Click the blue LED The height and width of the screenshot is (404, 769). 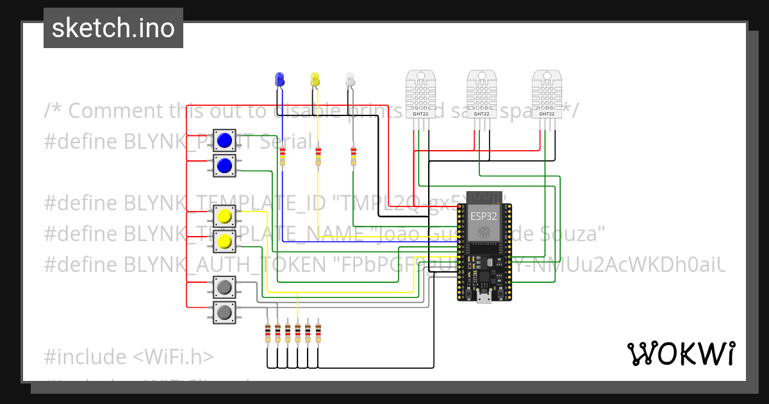coord(279,80)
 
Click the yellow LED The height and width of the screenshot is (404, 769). coord(315,80)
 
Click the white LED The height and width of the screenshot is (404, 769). coord(350,80)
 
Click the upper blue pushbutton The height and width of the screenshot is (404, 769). coord(224,140)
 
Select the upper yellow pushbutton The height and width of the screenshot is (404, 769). coord(224,217)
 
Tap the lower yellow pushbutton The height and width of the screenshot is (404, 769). coord(224,242)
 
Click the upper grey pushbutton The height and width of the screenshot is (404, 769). coord(224,288)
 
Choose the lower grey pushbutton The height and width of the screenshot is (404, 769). coord(224,313)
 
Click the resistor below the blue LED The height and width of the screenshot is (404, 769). coord(281,156)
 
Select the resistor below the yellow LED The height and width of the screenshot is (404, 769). coord(318,156)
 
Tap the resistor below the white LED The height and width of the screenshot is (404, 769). coord(353,156)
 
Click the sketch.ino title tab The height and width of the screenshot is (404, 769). coord(113,28)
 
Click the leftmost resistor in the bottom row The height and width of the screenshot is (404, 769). coord(267,333)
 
